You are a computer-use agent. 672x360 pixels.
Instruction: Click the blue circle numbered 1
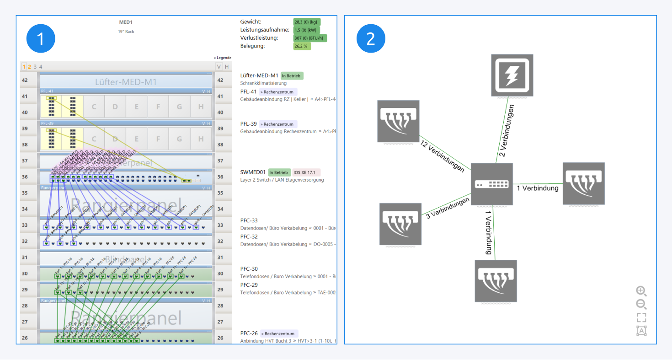coord(41,38)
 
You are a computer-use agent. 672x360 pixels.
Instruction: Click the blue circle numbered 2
coord(371,38)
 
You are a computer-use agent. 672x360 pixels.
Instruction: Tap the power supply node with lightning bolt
coord(512,75)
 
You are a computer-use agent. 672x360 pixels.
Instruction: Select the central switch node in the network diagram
coord(492,184)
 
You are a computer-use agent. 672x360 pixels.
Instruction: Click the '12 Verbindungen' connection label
coord(442,156)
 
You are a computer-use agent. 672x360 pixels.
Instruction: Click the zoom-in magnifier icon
coord(641,290)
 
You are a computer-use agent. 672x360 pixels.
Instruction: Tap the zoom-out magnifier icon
coord(641,304)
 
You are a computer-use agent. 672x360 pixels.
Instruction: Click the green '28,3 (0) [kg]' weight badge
coord(307,22)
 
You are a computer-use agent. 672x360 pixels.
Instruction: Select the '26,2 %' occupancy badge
coord(302,46)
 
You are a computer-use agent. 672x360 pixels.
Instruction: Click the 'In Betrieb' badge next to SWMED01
coord(279,172)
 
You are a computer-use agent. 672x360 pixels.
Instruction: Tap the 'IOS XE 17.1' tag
coord(306,172)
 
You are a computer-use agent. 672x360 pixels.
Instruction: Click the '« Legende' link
coord(223,58)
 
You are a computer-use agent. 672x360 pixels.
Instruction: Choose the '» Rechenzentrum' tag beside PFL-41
coord(278,92)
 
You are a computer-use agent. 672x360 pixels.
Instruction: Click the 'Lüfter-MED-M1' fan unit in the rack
coord(126,82)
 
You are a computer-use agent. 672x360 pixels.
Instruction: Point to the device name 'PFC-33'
coord(249,220)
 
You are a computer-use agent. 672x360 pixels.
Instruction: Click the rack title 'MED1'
coord(126,22)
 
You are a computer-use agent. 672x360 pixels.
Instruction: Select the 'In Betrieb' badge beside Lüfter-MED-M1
coord(292,75)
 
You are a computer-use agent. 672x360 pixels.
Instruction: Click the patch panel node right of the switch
coord(583,183)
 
